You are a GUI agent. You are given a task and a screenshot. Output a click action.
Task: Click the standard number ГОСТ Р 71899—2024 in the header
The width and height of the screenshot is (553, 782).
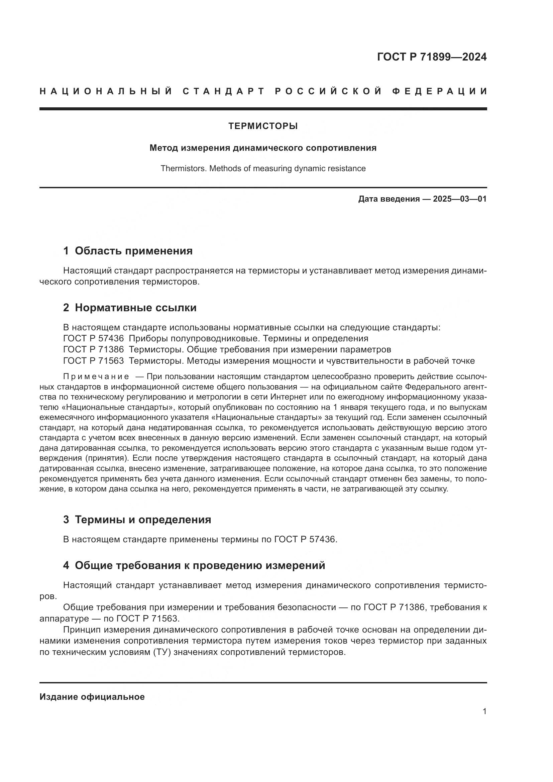pos(431,57)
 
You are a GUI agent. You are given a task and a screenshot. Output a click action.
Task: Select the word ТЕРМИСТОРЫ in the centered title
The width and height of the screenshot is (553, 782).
pos(263,126)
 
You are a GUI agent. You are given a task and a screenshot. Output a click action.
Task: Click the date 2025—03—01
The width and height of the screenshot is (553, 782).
pos(460,199)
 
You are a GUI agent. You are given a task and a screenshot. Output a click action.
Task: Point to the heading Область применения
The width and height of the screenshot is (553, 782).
pos(133,251)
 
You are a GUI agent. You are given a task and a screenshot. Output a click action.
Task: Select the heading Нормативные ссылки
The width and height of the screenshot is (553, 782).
pos(135,308)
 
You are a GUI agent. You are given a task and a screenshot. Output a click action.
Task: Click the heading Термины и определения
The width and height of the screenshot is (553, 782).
pos(143,520)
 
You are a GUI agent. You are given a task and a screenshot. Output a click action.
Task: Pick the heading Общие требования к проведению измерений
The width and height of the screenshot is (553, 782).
pos(200,565)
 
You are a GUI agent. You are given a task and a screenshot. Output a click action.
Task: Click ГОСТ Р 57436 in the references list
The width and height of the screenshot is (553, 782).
pos(93,339)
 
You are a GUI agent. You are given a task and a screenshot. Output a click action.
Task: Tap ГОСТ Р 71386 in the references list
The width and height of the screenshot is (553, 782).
pos(93,350)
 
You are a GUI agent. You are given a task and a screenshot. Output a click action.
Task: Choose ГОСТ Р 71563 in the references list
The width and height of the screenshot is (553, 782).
pos(93,361)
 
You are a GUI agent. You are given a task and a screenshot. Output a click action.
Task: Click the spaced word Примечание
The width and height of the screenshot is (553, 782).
pos(96,377)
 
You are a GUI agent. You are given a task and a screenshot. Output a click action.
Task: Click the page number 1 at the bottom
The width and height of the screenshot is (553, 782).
pos(484,711)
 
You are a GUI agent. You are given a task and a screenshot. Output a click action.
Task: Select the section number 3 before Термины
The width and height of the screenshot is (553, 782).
pos(66,520)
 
